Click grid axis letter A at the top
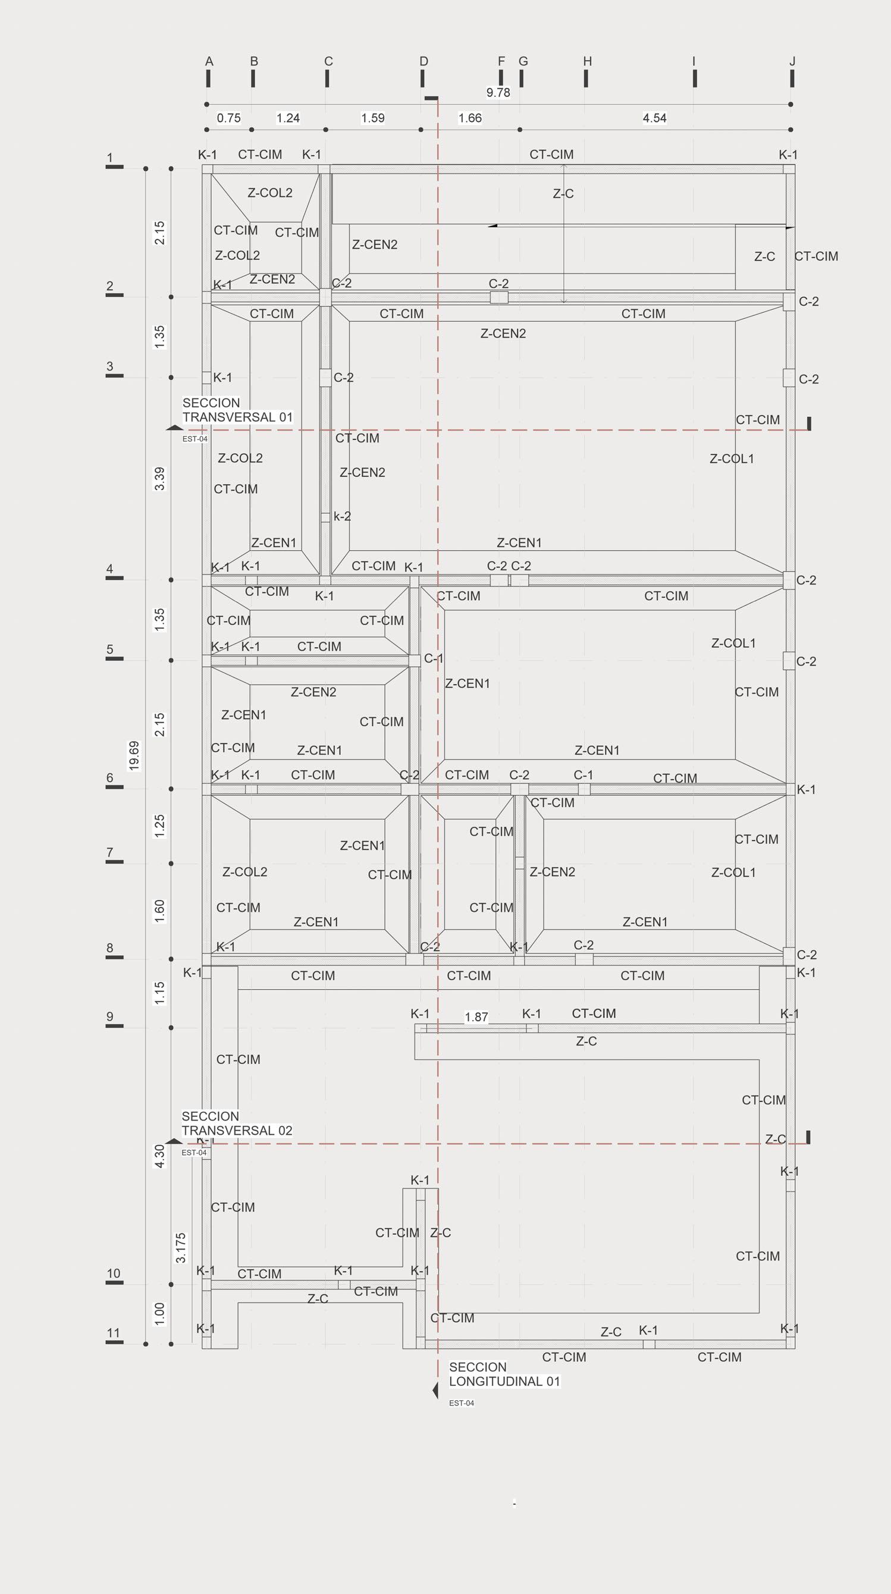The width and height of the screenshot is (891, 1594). [x=209, y=61]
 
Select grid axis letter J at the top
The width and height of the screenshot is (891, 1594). [x=792, y=61]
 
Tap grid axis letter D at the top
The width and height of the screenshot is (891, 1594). [x=424, y=61]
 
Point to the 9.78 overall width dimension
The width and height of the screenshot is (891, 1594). [x=498, y=92]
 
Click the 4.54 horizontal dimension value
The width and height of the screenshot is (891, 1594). [x=655, y=118]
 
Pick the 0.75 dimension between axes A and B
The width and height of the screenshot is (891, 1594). [x=229, y=118]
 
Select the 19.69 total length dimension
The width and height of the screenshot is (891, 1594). [x=134, y=755]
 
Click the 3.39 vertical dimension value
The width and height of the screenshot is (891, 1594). [x=159, y=479]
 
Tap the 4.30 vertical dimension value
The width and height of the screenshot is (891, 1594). [x=159, y=1156]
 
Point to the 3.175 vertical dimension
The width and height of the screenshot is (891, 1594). [x=181, y=1247]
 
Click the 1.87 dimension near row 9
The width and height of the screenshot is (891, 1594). [x=476, y=1016]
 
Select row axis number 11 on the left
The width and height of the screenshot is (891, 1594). [x=113, y=1332]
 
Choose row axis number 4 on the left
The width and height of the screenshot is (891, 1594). [x=109, y=568]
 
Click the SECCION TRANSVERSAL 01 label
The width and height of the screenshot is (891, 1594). [x=237, y=410]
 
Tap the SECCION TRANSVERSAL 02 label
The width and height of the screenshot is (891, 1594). [x=237, y=1123]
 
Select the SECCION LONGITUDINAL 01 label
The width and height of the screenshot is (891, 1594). [x=504, y=1374]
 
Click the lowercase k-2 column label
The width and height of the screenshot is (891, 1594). [x=342, y=516]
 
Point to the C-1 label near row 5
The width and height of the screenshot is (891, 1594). [x=434, y=658]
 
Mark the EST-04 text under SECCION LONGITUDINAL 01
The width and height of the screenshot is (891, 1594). [x=462, y=1403]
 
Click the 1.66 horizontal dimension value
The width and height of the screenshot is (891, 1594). [x=470, y=118]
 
